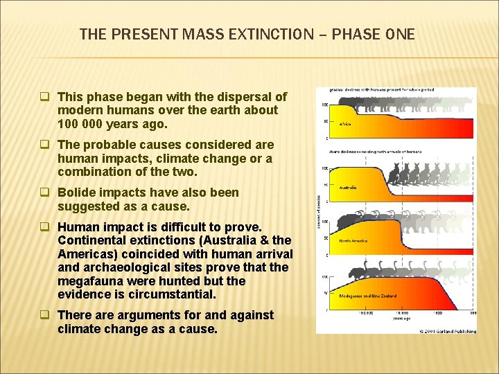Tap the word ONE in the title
pyautogui.click(x=400, y=33)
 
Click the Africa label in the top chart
pyautogui.click(x=344, y=124)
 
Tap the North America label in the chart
pyautogui.click(x=353, y=241)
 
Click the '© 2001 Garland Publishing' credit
pyautogui.click(x=448, y=331)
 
